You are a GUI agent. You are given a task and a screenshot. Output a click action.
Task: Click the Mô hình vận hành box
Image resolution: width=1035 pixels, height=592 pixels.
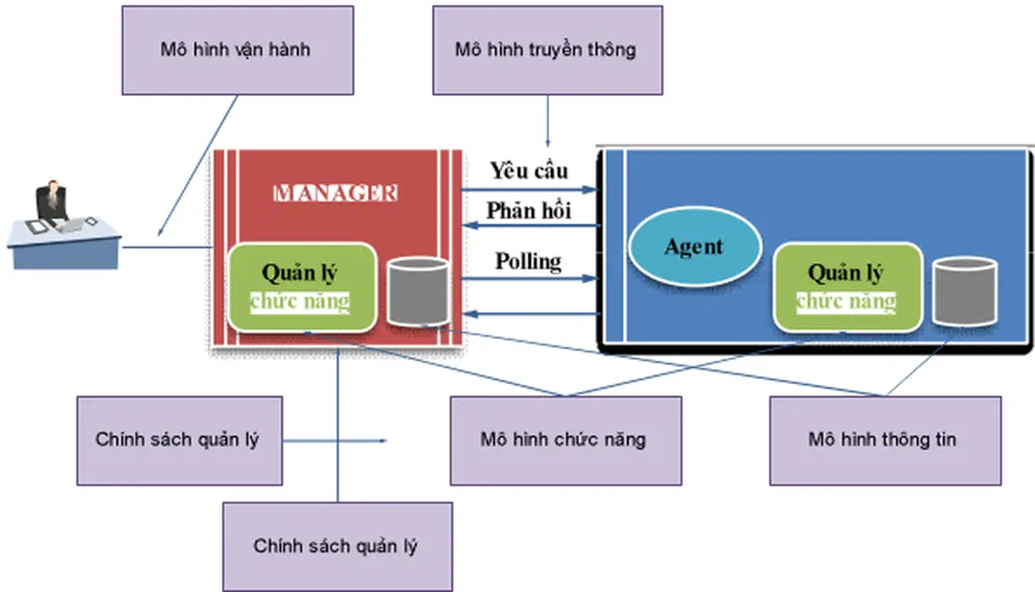[x=235, y=50]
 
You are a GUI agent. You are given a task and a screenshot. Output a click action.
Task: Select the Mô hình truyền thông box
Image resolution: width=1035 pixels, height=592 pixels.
[x=546, y=50]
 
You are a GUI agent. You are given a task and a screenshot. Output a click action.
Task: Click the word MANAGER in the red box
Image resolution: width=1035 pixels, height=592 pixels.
[x=334, y=193]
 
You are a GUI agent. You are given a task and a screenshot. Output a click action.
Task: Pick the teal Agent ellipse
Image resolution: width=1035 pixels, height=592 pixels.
[x=694, y=247]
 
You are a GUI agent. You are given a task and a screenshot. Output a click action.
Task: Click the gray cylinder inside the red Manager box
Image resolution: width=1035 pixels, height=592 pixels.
[x=418, y=291]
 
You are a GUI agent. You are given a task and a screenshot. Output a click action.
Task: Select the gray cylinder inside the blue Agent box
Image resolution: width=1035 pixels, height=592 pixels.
[x=964, y=291]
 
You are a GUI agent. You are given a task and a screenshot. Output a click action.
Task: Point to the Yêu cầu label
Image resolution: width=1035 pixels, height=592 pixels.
[x=529, y=171]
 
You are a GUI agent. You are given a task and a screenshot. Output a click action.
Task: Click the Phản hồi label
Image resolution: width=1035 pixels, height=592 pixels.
[x=529, y=210]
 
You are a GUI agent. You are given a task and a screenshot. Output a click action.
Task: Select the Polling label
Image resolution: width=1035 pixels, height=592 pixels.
[x=528, y=260]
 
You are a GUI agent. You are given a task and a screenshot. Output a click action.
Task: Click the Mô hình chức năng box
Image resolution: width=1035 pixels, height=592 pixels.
[x=565, y=440]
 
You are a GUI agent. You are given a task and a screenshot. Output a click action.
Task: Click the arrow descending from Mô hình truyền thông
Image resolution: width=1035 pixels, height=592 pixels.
[x=547, y=120]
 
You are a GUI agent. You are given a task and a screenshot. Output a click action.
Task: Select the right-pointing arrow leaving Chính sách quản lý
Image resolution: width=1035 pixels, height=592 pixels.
[x=335, y=441]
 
